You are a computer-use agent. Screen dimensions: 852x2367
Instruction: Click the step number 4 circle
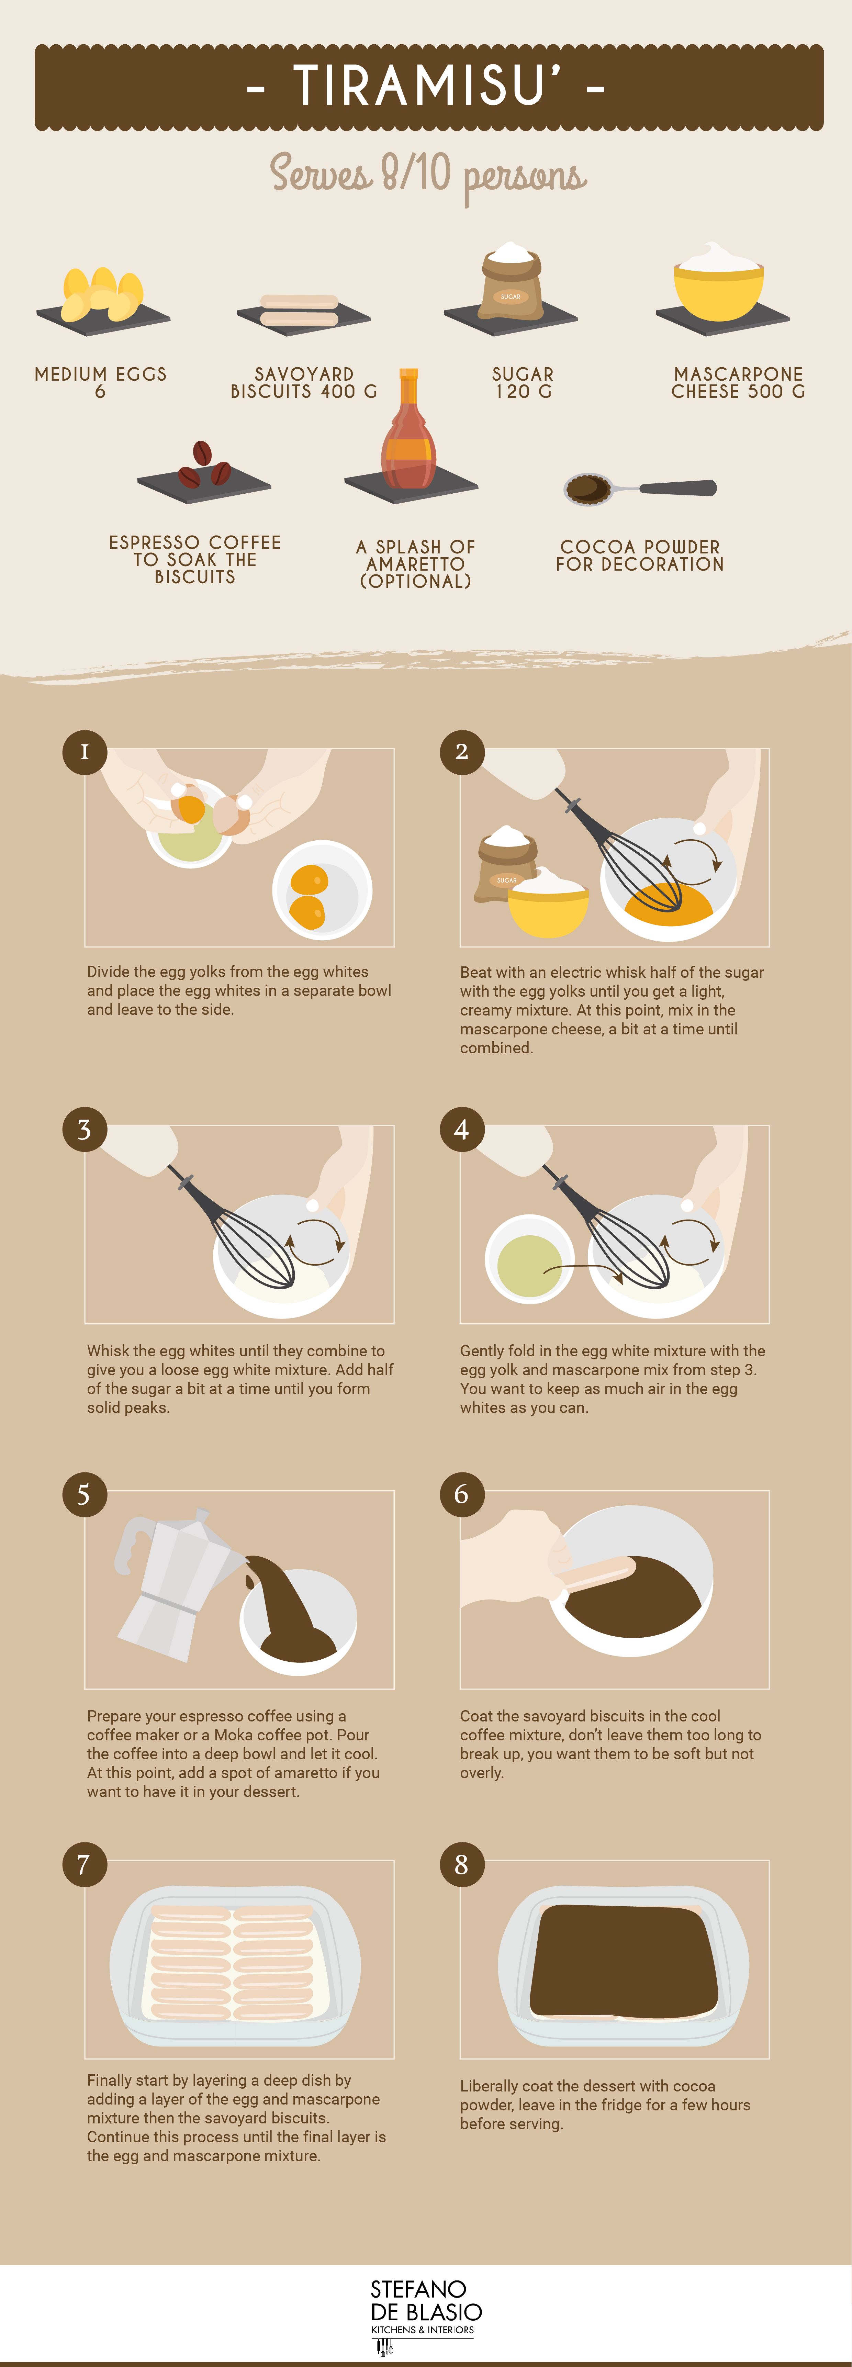[x=461, y=1129]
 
